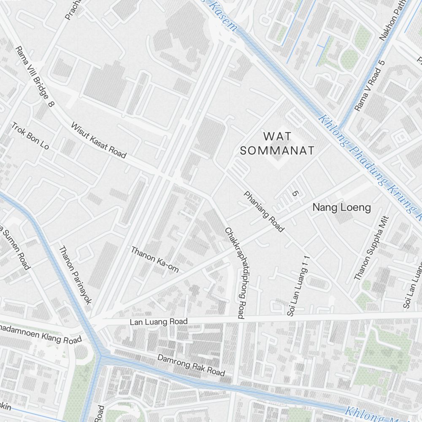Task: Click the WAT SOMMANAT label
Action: click(277, 143)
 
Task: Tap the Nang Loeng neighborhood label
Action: click(341, 207)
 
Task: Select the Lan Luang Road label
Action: click(158, 322)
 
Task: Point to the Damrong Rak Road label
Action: click(191, 365)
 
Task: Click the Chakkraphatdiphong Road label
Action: click(235, 273)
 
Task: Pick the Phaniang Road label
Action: click(264, 211)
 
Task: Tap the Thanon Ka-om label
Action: click(155, 259)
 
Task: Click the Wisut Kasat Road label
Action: click(98, 141)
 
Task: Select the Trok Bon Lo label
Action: click(30, 136)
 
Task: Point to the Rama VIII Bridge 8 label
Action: click(34, 76)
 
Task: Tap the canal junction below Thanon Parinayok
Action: click(101, 357)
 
